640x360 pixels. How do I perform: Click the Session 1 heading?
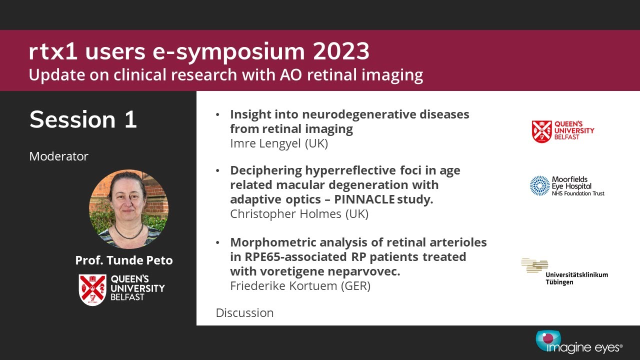83,119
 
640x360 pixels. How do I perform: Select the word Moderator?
58,156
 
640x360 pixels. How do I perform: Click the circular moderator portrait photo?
128,209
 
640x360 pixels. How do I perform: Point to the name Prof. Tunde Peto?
124,260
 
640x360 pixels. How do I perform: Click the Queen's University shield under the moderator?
92,290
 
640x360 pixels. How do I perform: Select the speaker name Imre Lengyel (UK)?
279,143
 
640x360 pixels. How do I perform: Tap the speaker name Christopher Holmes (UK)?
299,214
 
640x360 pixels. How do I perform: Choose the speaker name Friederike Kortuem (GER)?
300,286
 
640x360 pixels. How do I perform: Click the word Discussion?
244,313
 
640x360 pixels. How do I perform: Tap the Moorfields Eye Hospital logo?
567,186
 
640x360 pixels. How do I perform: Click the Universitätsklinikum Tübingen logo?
564,271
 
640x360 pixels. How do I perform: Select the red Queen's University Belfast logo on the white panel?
562,131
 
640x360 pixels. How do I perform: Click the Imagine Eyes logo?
578,342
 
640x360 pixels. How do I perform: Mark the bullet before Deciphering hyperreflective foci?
217,170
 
